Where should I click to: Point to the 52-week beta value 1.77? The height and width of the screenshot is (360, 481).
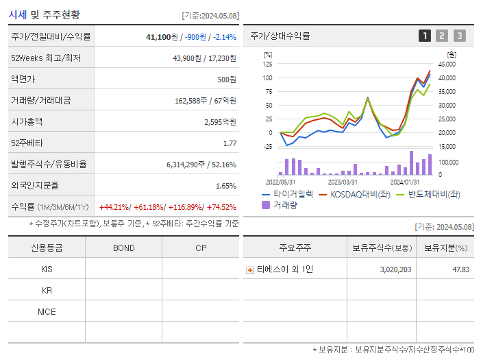pos(230,143)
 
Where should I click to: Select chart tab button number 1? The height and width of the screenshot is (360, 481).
pos(425,36)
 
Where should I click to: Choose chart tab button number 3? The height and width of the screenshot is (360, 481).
pos(459,36)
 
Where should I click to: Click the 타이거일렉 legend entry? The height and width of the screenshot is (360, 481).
pos(288,194)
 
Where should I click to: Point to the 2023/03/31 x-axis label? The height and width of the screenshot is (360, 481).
pos(343,182)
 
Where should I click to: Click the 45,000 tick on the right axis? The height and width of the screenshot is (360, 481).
pos(446,64)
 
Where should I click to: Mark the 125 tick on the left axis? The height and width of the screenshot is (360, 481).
pos(267,64)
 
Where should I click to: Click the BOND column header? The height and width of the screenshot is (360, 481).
pos(123,248)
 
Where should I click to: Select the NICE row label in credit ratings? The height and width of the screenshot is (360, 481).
pos(47,312)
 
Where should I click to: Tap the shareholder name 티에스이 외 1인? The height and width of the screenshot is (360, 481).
pos(284,269)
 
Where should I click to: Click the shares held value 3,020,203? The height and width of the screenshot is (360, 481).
pos(395,269)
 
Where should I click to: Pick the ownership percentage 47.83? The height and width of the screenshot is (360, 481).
pos(460,269)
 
